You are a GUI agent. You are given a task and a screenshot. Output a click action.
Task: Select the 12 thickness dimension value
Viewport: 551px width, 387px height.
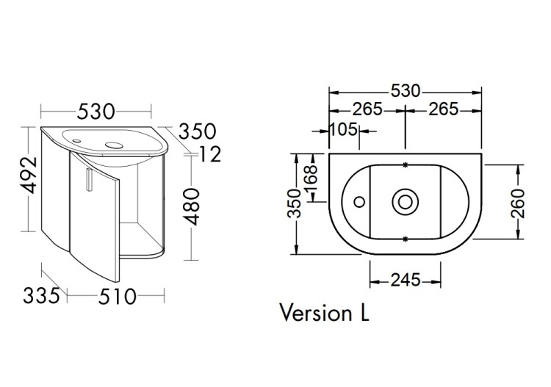[x=210, y=154]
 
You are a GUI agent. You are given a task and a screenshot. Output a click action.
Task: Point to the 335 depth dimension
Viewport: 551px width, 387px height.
[x=42, y=295]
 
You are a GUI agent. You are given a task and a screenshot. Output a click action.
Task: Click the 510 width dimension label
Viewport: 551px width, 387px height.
[x=117, y=297]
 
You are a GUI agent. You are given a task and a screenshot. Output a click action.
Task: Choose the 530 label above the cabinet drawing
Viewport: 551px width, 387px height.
[x=96, y=112]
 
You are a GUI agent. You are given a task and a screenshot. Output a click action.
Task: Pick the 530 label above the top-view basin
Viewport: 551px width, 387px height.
[x=406, y=91]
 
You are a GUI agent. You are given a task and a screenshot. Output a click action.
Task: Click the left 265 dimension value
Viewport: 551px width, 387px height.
[x=367, y=109]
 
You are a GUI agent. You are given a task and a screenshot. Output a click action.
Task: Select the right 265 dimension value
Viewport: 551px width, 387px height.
[x=444, y=109]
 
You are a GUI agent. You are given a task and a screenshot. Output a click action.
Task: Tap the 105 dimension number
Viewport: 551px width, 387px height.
[x=344, y=129]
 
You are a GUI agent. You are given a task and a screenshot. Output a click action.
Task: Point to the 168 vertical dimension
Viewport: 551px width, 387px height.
[x=311, y=178]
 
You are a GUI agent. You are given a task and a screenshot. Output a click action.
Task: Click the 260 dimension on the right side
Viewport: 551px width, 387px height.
[x=518, y=203]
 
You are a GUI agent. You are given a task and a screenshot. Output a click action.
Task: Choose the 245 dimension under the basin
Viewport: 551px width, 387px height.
[x=406, y=280]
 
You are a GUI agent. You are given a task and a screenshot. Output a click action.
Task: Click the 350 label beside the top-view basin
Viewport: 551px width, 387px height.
[x=295, y=203]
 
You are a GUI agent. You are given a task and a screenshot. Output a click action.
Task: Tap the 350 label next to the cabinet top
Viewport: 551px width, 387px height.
[x=197, y=131]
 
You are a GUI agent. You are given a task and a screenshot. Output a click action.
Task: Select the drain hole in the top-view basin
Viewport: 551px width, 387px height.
[x=405, y=202]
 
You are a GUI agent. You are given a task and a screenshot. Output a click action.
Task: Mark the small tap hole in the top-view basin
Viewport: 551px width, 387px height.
[x=359, y=202]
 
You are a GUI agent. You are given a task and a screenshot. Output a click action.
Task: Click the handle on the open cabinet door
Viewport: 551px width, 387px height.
[x=90, y=179]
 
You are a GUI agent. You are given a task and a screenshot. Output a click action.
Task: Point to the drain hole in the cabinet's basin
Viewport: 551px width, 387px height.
[x=113, y=144]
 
